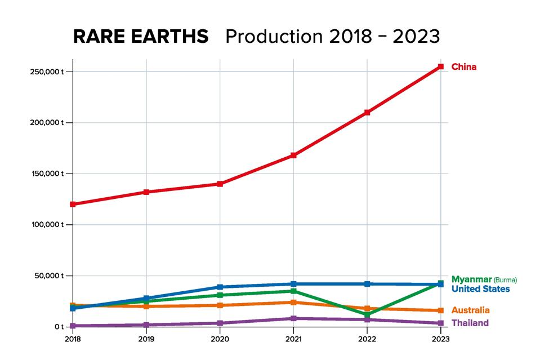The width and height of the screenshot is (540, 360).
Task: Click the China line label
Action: (463, 67)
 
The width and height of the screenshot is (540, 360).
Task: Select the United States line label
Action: (480, 289)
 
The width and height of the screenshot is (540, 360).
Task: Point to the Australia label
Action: (470, 310)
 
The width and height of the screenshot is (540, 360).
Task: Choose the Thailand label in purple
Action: (470, 323)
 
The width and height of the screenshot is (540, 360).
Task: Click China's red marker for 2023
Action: (441, 66)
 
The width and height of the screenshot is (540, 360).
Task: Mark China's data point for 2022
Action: (367, 113)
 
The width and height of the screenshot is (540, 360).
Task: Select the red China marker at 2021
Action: (293, 155)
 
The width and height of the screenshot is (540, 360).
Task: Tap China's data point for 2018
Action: (73, 204)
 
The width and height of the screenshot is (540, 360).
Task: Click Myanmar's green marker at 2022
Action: (367, 315)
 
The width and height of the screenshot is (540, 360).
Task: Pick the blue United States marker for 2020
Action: (220, 287)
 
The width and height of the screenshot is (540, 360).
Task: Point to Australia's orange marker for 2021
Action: (293, 303)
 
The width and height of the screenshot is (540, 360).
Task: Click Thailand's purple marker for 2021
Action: (293, 318)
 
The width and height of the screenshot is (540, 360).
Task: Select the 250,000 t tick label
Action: (47, 72)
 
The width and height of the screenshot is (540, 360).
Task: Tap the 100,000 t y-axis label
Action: (47, 225)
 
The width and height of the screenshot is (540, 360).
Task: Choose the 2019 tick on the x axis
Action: (146, 339)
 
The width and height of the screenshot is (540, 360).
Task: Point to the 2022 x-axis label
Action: (367, 339)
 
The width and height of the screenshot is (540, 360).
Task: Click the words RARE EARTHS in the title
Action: (141, 36)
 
